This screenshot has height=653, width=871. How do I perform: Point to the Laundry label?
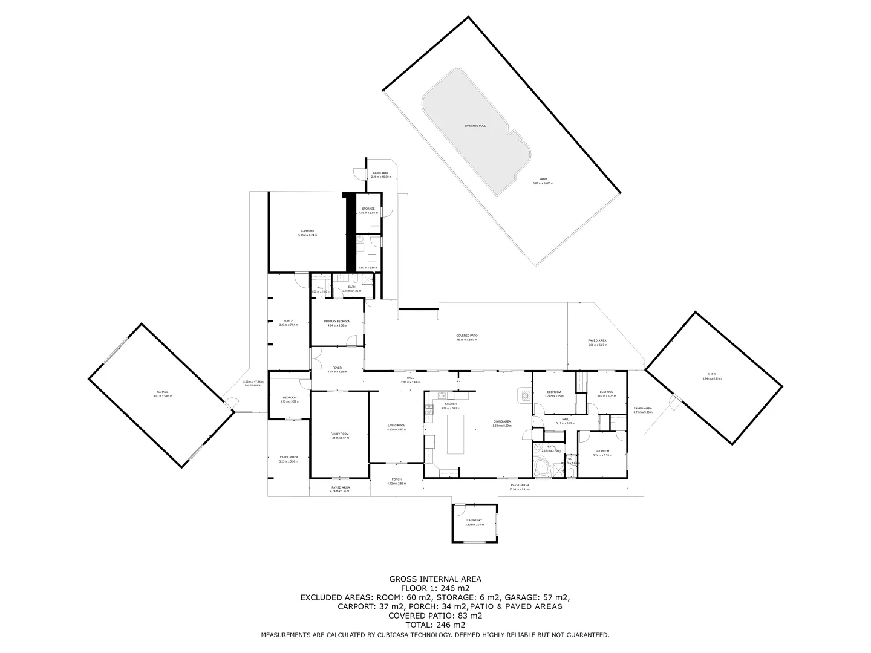click(474, 520)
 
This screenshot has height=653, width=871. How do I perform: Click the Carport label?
click(308, 230)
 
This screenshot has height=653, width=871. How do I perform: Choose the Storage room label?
click(368, 209)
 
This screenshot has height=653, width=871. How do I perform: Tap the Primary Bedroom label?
click(338, 321)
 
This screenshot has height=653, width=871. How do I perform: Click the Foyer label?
click(337, 368)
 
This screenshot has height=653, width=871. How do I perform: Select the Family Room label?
click(339, 434)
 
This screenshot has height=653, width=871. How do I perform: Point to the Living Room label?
click(397, 426)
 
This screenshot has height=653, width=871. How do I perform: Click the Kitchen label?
click(451, 404)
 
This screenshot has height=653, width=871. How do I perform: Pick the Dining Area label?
click(502, 421)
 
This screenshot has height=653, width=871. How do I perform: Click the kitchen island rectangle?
click(455, 434)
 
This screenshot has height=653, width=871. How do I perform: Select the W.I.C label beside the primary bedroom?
click(321, 288)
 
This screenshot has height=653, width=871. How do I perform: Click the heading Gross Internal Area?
click(435, 579)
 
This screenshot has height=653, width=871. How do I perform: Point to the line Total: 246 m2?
click(435, 625)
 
